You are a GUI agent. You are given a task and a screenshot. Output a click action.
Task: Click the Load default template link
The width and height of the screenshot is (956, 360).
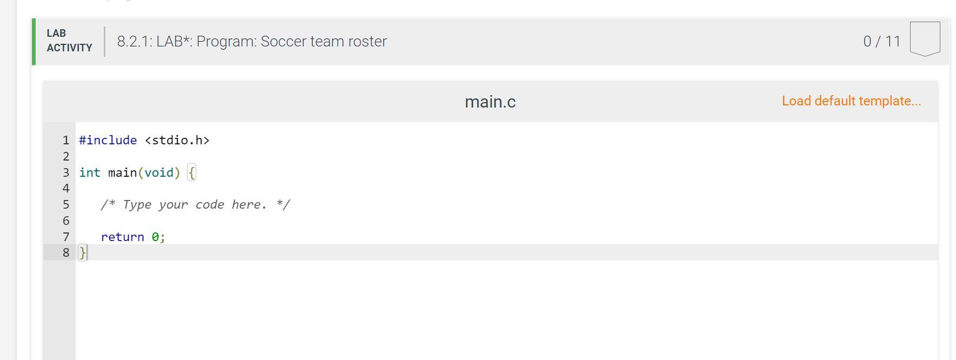coord(851,101)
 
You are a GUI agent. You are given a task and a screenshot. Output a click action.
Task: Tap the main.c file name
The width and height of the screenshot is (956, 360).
coord(490,102)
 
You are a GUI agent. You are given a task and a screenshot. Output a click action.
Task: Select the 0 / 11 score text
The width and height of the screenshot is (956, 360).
coord(881,42)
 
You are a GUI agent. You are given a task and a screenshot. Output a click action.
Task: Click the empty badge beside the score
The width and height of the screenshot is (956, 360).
coord(925,38)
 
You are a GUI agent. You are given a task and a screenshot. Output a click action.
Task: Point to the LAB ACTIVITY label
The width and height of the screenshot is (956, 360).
coord(69,41)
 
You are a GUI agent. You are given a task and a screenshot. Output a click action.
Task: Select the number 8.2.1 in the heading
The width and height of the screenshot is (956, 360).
coord(133,42)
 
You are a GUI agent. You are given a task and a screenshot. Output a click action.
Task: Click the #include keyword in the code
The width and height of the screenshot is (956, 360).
coord(108,141)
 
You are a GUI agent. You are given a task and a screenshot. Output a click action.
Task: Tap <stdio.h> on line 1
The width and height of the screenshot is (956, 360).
coord(177,141)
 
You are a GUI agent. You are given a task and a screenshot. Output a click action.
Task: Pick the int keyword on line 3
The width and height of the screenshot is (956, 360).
coord(90,172)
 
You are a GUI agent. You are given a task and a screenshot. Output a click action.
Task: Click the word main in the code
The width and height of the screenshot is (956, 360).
coord(122,172)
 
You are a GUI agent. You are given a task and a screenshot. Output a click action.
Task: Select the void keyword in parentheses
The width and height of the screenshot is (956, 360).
coord(159,172)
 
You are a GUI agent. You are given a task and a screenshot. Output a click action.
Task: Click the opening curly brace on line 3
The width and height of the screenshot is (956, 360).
coord(191,173)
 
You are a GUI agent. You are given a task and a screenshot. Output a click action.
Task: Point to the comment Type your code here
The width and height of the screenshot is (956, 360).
coord(195,205)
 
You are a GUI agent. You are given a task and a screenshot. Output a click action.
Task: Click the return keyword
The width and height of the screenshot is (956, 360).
coord(122,237)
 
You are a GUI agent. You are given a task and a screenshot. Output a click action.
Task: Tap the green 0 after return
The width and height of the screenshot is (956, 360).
coord(155,237)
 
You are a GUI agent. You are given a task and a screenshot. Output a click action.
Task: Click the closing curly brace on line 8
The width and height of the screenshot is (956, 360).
coord(82,252)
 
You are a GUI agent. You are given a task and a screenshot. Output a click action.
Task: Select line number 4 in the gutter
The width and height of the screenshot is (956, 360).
coord(66,188)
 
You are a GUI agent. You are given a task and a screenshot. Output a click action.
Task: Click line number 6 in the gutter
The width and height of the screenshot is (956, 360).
coord(66,221)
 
